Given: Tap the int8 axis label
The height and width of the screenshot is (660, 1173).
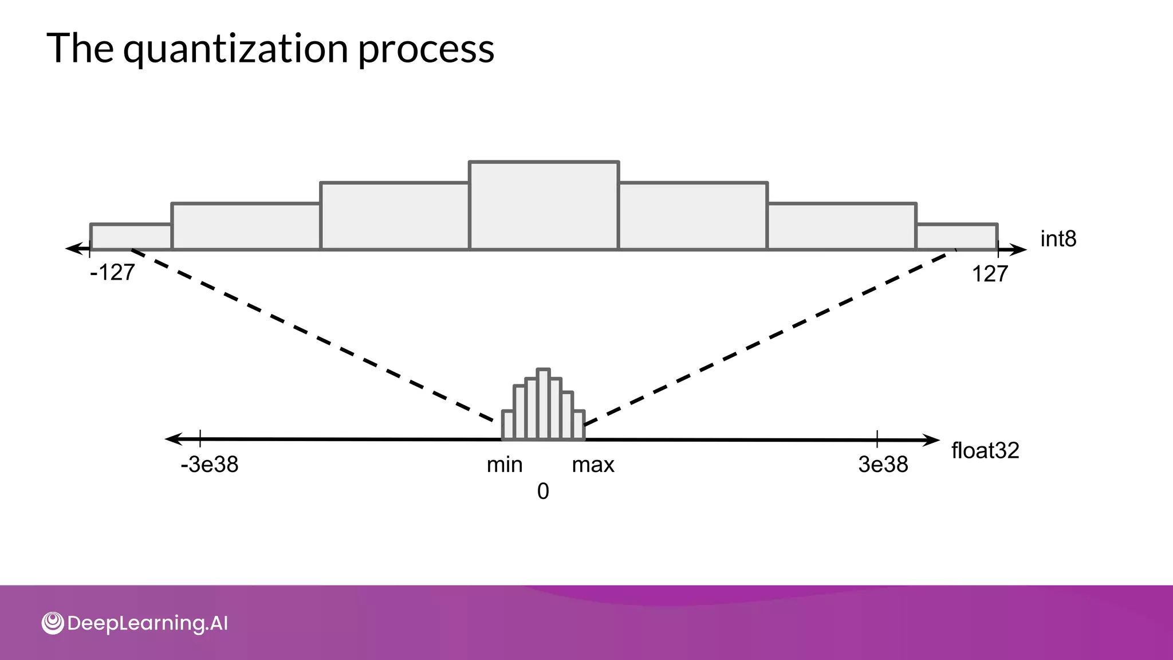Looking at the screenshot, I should point(1058,239).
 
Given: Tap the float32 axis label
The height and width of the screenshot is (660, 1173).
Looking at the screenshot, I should point(985,451).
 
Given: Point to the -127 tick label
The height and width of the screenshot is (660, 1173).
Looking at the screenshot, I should point(112,273).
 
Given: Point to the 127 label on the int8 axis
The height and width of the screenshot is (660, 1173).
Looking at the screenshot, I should point(990,274).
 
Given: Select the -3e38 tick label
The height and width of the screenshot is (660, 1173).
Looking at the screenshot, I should point(209,465).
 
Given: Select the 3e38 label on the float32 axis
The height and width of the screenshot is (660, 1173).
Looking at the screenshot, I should point(883,465).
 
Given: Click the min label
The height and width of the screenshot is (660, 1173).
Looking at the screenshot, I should point(505,465).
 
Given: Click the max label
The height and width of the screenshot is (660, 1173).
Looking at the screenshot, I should point(593,465).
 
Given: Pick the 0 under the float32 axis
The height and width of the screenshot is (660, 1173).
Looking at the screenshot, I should point(543,492).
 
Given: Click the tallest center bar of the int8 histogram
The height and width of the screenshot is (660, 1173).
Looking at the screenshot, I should point(544,206).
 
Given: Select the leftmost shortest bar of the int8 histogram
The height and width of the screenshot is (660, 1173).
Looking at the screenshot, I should point(131,237).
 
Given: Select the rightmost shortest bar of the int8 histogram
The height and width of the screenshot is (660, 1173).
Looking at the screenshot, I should point(956,237).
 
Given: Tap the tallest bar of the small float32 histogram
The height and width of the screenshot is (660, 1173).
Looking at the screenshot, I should point(543,404).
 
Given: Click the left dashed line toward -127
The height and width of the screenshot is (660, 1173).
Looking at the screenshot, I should point(312,335).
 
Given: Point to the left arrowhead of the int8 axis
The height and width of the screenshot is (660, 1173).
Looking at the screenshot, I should point(73,249).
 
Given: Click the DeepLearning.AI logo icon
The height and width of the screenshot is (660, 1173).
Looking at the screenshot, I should point(53,623).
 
